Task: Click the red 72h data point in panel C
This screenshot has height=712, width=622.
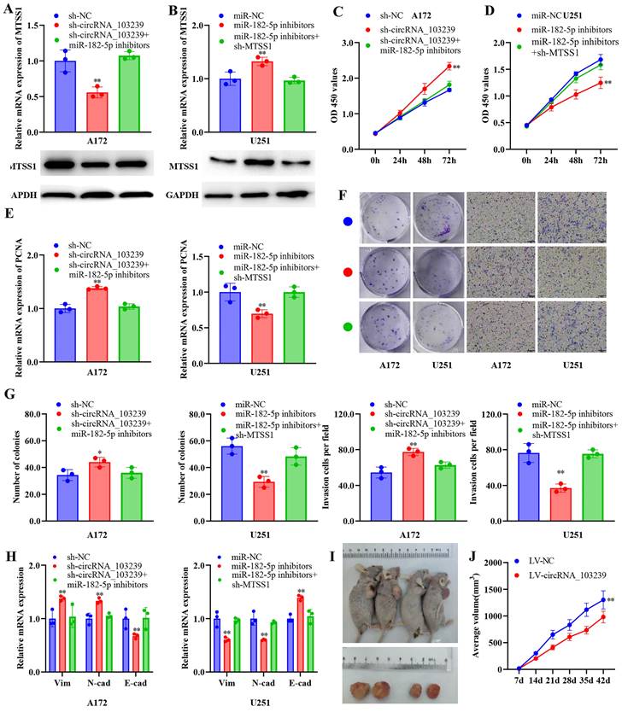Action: coord(445,65)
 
